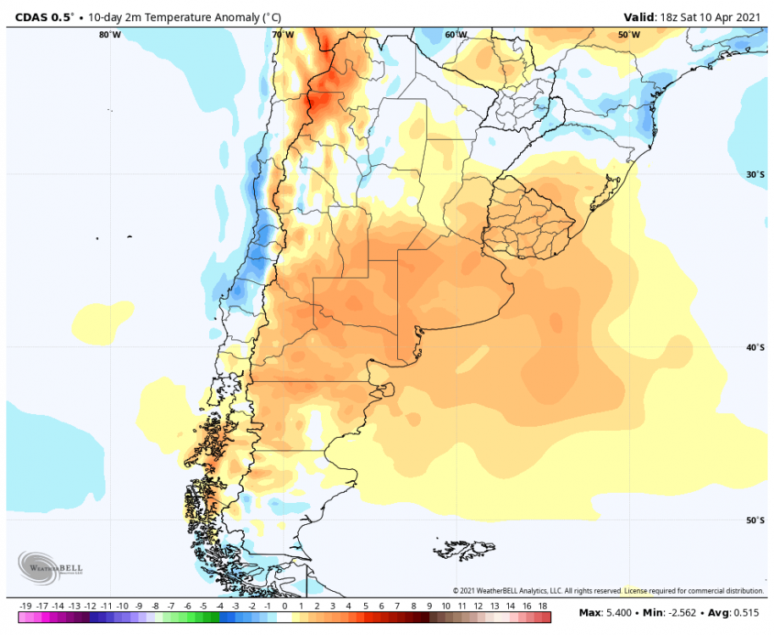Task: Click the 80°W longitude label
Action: pos(109,35)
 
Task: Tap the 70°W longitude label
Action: pos(283,35)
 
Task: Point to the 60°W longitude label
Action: pos(456,35)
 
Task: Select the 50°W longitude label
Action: pos(628,35)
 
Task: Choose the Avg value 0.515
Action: pos(744,612)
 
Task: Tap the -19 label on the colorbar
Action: pos(25,606)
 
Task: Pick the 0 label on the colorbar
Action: pos(285,606)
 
